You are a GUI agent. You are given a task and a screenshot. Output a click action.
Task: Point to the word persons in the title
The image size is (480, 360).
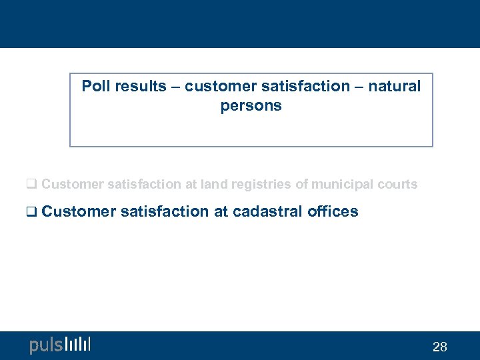(x=251, y=106)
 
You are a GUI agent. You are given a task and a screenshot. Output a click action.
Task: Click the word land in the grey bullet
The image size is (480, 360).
(x=213, y=184)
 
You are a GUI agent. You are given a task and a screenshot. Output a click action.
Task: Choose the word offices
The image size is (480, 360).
(x=333, y=212)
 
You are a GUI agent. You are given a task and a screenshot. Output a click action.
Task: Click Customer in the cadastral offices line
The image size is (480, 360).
(x=79, y=212)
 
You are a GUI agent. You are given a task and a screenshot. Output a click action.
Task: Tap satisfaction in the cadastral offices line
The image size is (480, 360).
(x=165, y=212)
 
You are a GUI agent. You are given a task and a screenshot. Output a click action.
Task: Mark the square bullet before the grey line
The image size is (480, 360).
(x=31, y=185)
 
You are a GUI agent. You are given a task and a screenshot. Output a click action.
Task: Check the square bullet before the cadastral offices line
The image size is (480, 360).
(x=31, y=213)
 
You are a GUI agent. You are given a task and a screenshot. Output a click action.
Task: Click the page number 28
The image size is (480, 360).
(x=440, y=347)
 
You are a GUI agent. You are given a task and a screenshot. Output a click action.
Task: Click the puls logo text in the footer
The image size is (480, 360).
(x=45, y=345)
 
